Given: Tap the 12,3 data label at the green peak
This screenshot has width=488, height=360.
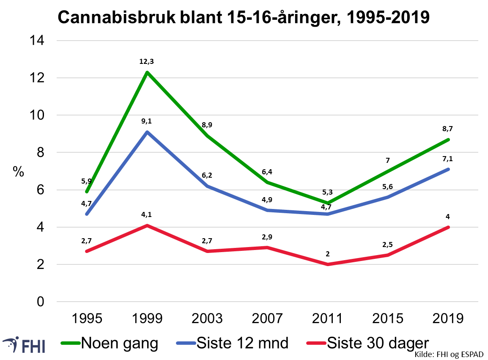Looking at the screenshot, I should (x=147, y=62).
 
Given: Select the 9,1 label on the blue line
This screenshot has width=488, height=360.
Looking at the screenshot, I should (x=147, y=121).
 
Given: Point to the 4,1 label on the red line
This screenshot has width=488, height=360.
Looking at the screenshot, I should (x=147, y=215).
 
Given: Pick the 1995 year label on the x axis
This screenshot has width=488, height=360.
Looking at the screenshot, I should (x=87, y=318).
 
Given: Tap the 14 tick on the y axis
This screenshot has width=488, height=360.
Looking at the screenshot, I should (x=36, y=41).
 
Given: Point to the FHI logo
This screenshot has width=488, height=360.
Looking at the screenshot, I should (x=24, y=345).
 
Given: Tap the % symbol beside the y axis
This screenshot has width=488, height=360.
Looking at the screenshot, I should (x=18, y=172).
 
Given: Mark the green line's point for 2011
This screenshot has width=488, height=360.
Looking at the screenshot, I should (x=328, y=203).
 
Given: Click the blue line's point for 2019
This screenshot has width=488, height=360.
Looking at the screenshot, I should (x=448, y=169).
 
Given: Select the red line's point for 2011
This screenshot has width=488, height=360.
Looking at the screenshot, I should (x=328, y=264).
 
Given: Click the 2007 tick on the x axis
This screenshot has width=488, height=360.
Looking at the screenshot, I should (x=267, y=318).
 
